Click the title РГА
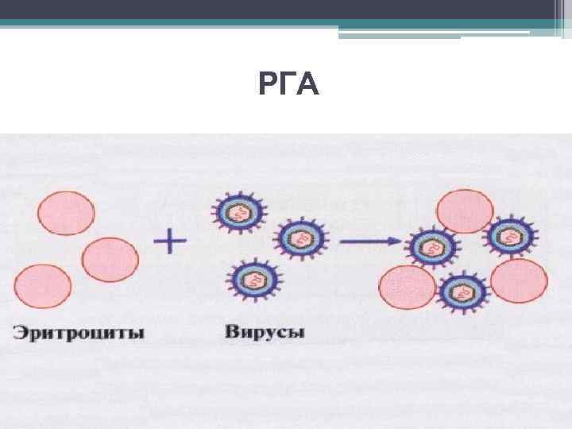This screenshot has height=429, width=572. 289,84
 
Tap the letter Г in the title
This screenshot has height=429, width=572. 288,84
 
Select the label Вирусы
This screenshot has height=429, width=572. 265,332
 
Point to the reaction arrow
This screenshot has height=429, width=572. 370,240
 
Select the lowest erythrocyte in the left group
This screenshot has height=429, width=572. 43,288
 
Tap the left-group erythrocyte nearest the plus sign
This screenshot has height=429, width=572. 110,258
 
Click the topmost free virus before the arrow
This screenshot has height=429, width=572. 238,212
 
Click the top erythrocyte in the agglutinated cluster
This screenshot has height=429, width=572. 465,211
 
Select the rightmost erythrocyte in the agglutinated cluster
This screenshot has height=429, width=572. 520,281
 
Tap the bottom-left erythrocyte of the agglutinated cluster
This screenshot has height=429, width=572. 408,288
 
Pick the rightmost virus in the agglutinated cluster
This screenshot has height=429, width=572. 509,234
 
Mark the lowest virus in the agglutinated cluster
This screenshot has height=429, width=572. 464,292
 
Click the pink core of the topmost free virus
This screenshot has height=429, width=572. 238,212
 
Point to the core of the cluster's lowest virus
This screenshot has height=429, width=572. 464,292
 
